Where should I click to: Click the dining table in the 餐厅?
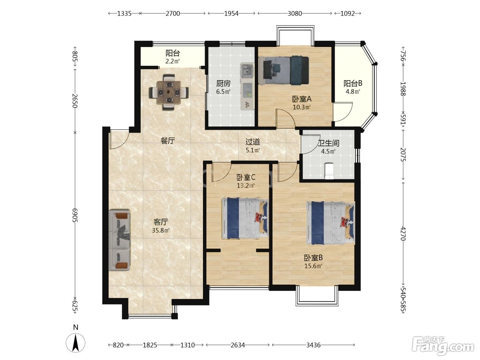(169, 92)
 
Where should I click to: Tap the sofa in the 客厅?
(119, 240)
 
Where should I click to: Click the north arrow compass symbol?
(76, 342)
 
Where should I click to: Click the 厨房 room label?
(223, 83)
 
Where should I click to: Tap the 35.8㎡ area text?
(161, 230)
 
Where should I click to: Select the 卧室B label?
(313, 258)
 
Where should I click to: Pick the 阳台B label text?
(353, 83)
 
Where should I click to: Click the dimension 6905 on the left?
(75, 215)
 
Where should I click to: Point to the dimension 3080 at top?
(295, 14)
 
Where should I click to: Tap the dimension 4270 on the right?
(403, 234)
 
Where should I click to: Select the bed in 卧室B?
(331, 223)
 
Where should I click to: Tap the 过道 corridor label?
(253, 142)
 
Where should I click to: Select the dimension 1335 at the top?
(124, 14)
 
